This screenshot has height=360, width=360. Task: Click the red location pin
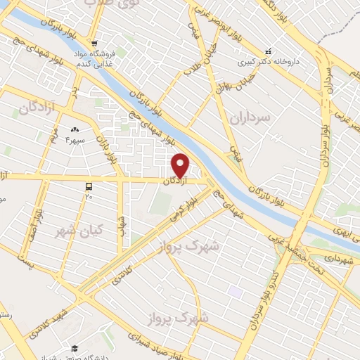(181, 165)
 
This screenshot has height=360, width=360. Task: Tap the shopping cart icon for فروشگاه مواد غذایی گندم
(103, 41)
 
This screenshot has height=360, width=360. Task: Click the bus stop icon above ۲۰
(89, 186)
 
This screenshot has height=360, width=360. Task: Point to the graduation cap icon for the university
(75, 348)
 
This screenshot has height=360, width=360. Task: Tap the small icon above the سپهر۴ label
(75, 129)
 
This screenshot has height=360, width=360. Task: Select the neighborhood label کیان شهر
(78, 229)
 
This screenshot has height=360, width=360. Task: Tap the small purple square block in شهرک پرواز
(235, 290)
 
